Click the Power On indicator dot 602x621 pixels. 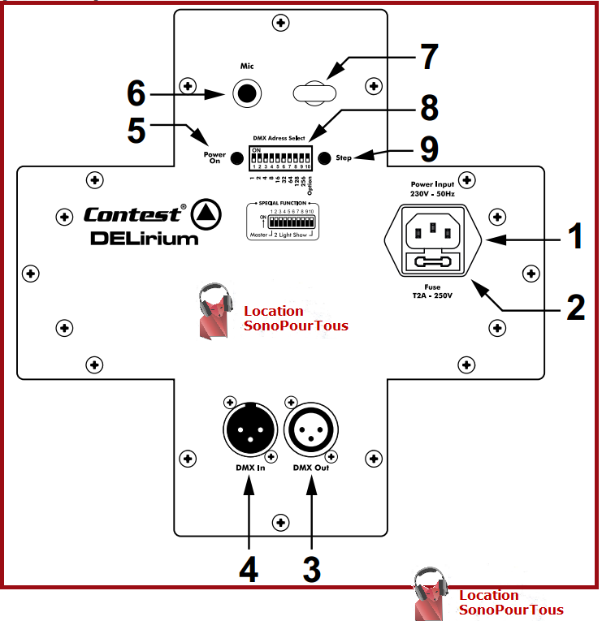[236, 157]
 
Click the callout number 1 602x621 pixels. [574, 237]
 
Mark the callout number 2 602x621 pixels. [574, 306]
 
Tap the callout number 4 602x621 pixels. [248, 568]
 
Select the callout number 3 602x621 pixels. [311, 568]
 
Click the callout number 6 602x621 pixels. [136, 93]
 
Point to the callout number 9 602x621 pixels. [427, 149]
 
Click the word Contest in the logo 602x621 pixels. [132, 215]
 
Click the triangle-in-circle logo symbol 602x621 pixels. [206, 214]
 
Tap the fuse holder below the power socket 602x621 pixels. [433, 263]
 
